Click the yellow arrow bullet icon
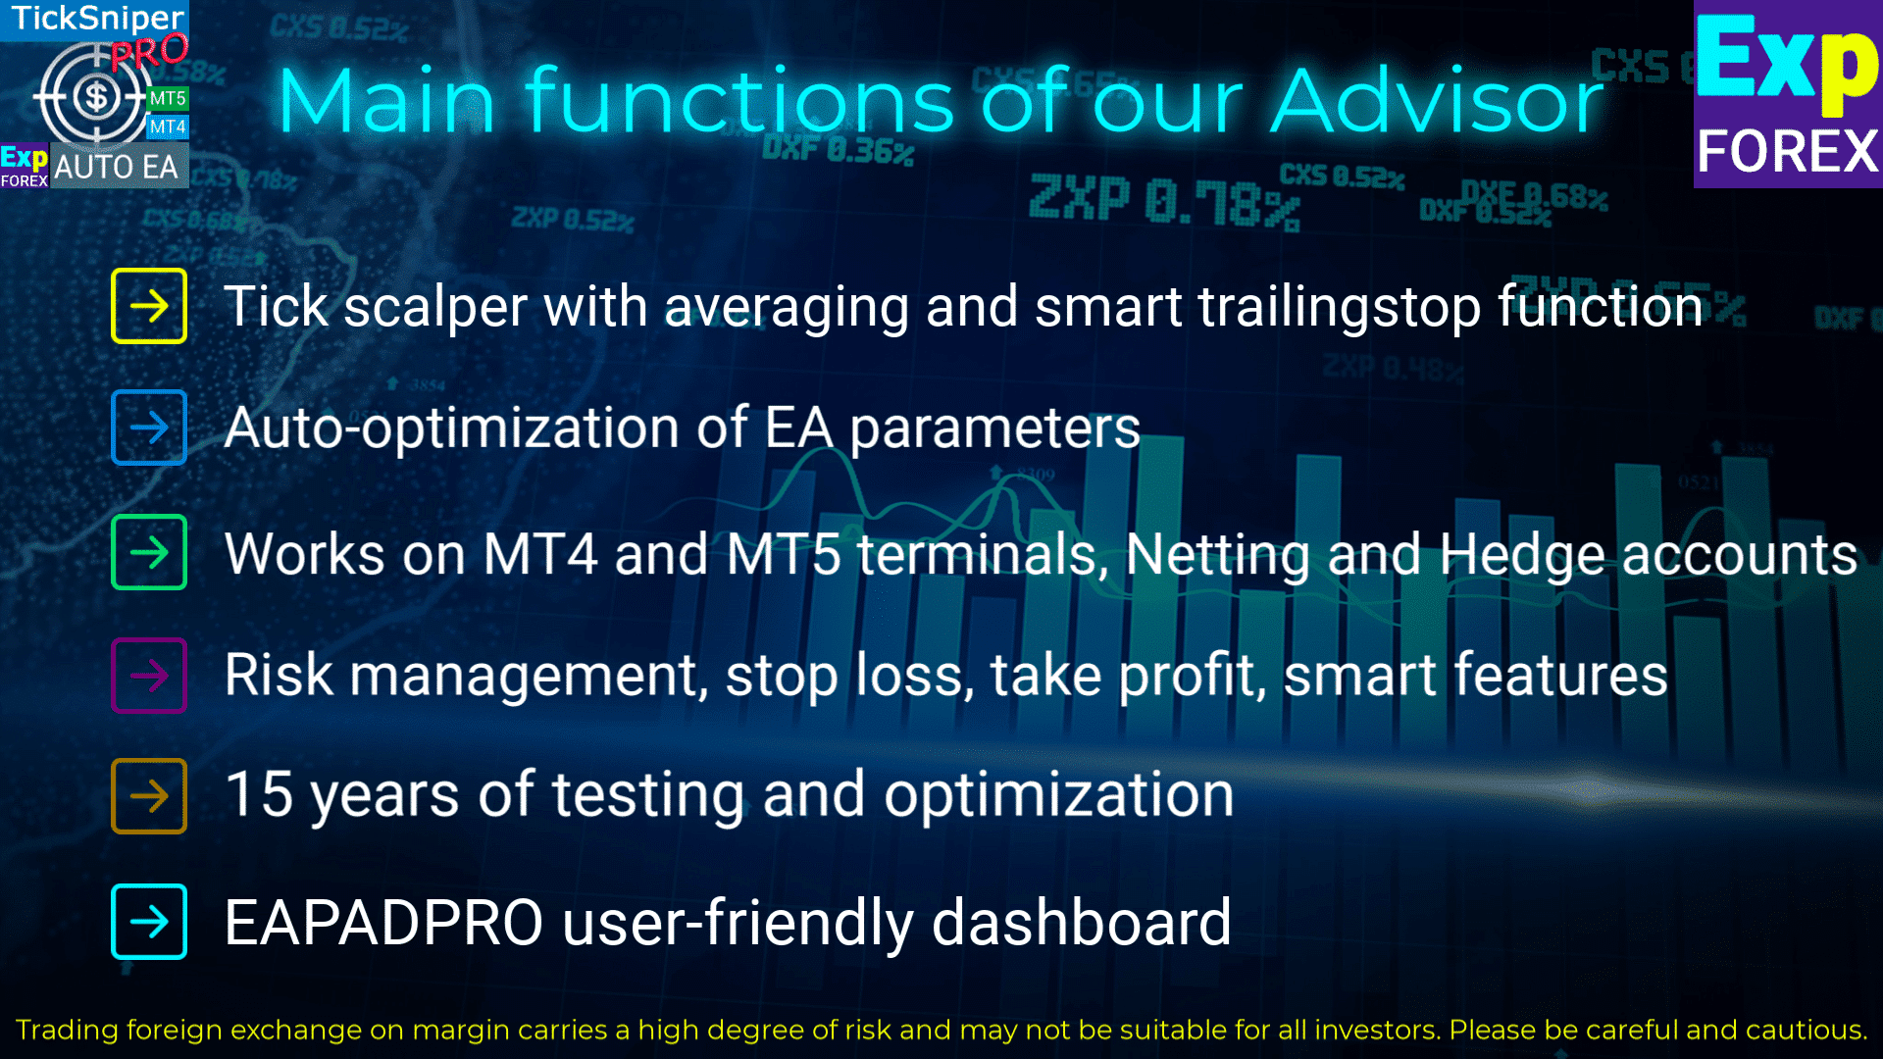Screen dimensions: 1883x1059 [x=149, y=306]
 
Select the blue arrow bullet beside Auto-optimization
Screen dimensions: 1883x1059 [x=149, y=428]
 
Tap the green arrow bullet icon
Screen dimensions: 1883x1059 [x=149, y=552]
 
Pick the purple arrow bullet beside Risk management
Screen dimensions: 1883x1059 [x=149, y=675]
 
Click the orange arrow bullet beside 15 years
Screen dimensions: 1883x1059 [x=149, y=795]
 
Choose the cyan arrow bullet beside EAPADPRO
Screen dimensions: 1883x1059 [x=149, y=922]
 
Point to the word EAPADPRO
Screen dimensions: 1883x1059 [x=383, y=923]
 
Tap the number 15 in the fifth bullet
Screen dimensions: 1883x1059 [x=260, y=793]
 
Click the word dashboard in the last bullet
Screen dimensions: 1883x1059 [x=1081, y=923]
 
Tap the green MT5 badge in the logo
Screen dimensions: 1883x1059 [x=168, y=98]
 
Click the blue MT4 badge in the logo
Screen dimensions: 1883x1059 [x=168, y=126]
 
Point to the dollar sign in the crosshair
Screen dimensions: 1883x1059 [x=96, y=97]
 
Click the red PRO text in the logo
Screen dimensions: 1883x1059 [x=148, y=52]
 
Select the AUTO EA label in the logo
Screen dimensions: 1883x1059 [x=116, y=167]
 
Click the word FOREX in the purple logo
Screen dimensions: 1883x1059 [x=1788, y=152]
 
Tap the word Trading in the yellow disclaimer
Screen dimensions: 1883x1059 [x=67, y=1031]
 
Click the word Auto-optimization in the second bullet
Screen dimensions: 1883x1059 [x=452, y=429]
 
